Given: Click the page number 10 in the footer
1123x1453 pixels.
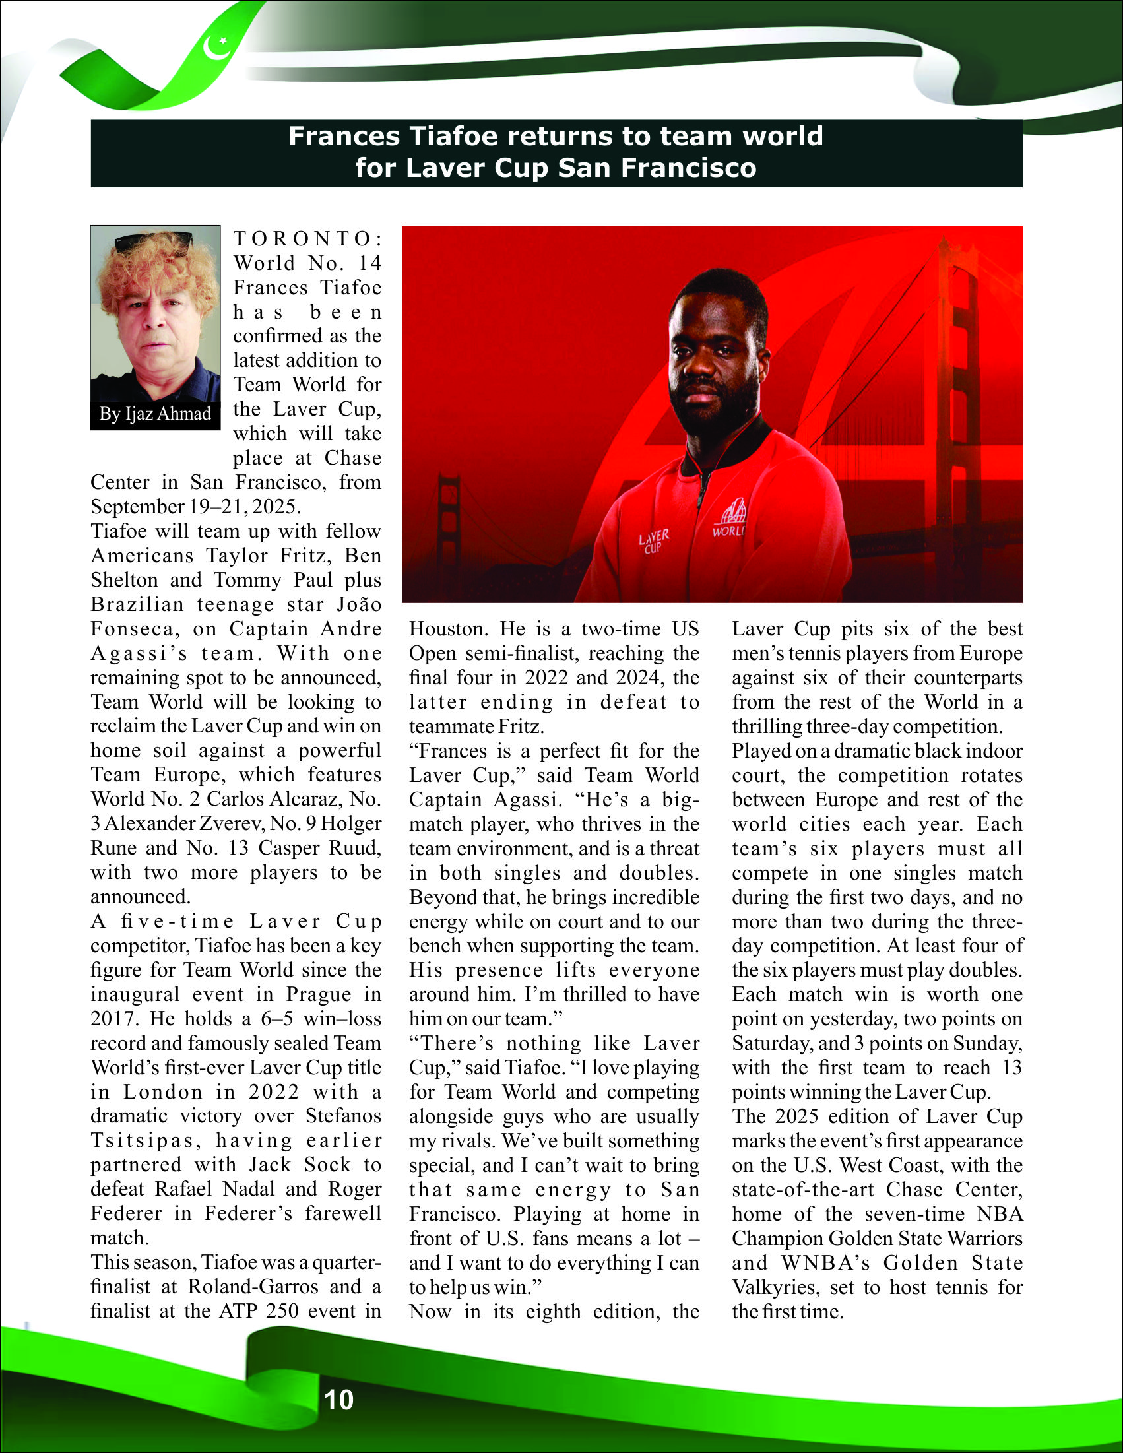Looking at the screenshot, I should click(x=338, y=1400).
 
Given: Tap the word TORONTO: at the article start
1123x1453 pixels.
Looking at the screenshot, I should click(x=307, y=238).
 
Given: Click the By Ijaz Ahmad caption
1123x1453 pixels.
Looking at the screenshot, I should click(x=155, y=414).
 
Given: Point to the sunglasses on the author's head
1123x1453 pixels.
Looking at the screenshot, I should click(x=154, y=240).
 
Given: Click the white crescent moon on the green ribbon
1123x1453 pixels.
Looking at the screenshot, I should click(x=216, y=48).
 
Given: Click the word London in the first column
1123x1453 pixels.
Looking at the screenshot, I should click(x=163, y=1093).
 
